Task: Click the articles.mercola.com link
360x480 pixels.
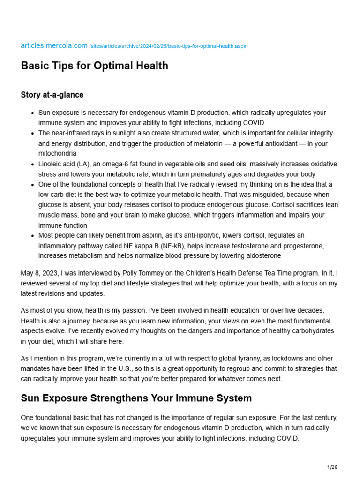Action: click(54, 45)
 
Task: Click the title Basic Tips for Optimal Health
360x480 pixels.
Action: click(94, 66)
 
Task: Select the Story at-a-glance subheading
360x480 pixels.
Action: click(52, 95)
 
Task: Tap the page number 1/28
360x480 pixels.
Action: click(332, 467)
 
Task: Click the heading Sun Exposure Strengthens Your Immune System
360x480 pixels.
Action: click(136, 398)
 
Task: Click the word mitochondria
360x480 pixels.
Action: click(57, 153)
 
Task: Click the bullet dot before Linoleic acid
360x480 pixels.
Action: click(32, 164)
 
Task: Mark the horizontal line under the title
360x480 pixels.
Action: click(180, 82)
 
